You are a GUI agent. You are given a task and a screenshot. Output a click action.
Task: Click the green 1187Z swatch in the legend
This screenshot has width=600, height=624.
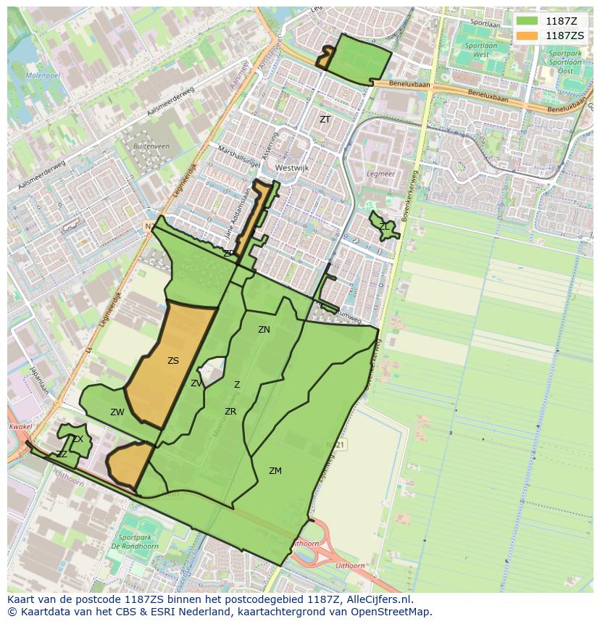528,21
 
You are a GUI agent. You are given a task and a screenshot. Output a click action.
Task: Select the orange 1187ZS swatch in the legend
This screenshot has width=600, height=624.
528,36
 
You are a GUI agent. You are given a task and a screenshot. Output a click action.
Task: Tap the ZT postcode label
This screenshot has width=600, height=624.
325,119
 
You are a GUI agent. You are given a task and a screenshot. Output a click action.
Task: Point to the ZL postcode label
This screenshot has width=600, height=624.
384,227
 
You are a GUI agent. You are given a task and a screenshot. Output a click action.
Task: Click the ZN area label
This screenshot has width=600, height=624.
264,330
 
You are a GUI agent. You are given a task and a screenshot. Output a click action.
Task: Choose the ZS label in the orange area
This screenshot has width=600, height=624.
172,361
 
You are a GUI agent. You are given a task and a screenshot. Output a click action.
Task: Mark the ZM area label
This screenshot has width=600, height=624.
275,471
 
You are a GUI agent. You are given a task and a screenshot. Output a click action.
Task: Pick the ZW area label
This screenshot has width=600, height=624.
117,412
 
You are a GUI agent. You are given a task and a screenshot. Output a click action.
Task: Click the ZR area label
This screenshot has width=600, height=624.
230,412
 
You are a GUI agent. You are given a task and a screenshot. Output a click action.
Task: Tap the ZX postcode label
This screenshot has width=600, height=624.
78,439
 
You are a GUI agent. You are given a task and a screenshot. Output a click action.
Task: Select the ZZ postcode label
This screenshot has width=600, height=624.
62,454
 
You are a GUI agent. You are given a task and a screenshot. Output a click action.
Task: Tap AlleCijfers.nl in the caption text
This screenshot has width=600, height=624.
377,599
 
